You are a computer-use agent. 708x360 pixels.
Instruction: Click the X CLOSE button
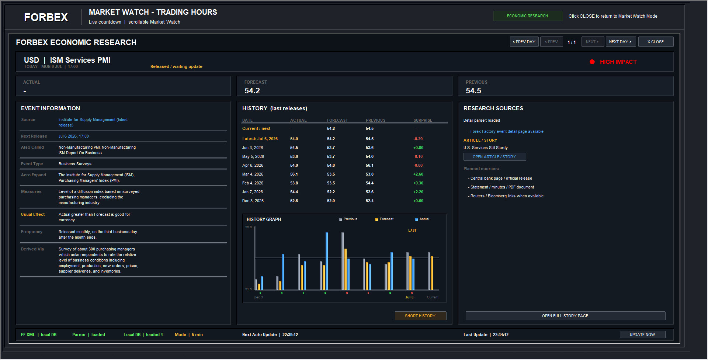(656, 42)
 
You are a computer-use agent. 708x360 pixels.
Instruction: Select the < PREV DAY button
(524, 42)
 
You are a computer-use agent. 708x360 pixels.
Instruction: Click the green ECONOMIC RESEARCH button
(527, 16)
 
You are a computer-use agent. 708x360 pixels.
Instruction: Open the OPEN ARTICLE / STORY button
(494, 157)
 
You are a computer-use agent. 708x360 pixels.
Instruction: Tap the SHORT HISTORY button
(420, 316)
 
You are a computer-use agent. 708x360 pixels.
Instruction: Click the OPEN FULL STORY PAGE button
(565, 316)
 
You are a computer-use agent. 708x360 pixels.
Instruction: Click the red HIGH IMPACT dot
(592, 62)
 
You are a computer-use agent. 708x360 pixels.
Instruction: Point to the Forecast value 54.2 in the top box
(252, 91)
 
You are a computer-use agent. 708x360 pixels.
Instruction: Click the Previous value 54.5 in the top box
(473, 91)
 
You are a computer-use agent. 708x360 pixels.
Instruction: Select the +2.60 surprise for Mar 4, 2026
(418, 174)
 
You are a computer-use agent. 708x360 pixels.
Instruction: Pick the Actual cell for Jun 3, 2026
(294, 148)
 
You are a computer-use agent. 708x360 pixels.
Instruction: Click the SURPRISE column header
(423, 120)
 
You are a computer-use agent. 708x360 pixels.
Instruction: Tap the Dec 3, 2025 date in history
(253, 201)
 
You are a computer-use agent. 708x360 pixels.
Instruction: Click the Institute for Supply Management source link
(93, 122)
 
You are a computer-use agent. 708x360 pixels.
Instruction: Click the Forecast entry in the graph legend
(384, 219)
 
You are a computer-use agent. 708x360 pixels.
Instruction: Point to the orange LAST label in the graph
(412, 231)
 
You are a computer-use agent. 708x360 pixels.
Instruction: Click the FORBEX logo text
(46, 17)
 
